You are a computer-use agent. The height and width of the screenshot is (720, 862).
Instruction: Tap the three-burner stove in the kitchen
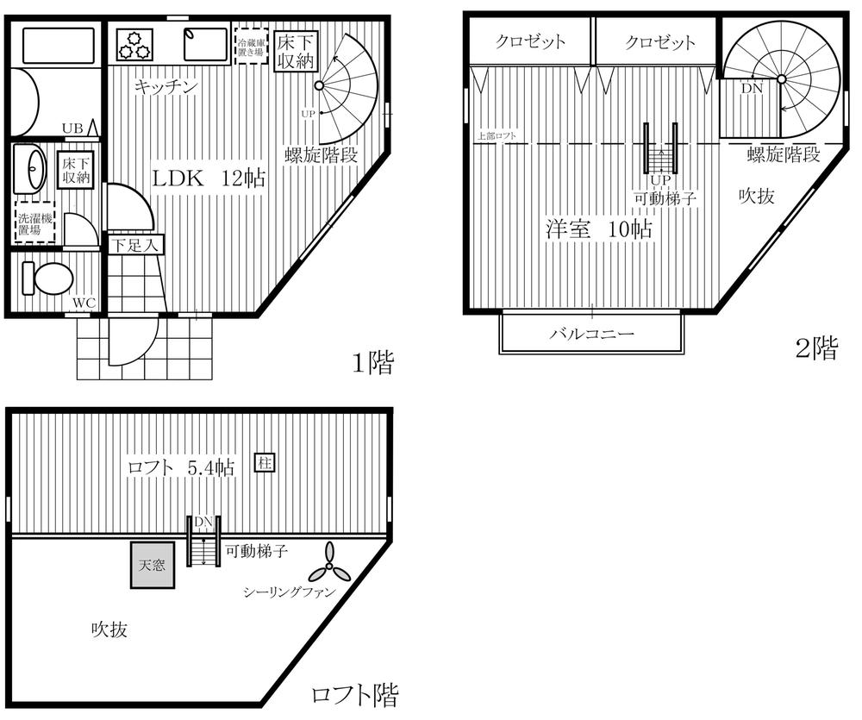pyautogui.click(x=134, y=43)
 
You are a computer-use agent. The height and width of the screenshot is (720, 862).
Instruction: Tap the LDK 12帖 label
pyautogui.click(x=208, y=179)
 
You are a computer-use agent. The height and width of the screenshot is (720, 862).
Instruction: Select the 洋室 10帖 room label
pyautogui.click(x=598, y=229)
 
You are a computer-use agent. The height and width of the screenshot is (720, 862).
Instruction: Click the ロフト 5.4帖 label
pyautogui.click(x=180, y=467)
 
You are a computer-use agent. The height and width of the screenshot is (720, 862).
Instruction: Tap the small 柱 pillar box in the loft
pyautogui.click(x=265, y=463)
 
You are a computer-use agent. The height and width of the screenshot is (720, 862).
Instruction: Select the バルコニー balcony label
pyautogui.click(x=592, y=334)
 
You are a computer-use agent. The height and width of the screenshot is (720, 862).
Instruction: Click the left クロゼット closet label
pyautogui.click(x=529, y=41)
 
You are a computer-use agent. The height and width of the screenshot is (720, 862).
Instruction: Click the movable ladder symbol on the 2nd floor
pyautogui.click(x=661, y=151)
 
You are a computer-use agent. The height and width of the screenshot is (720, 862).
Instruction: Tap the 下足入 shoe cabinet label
pyautogui.click(x=134, y=245)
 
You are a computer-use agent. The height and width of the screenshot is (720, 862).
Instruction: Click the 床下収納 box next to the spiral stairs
pyautogui.click(x=297, y=51)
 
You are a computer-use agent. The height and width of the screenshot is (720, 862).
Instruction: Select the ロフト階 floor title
pyautogui.click(x=354, y=693)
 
